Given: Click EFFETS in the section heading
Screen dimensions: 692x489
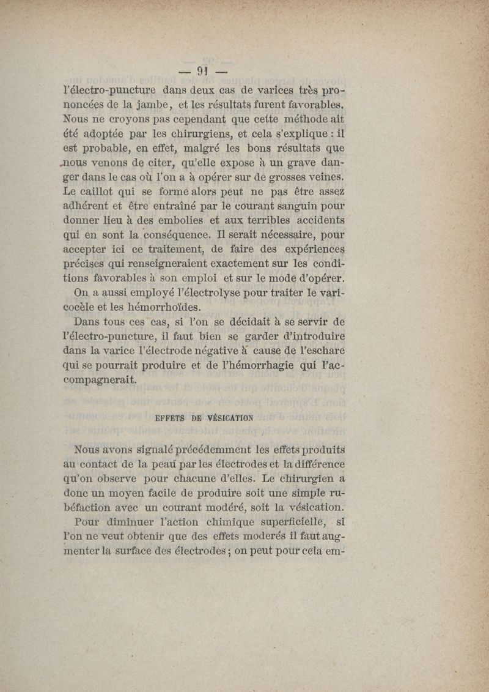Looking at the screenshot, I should point(167,419).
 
